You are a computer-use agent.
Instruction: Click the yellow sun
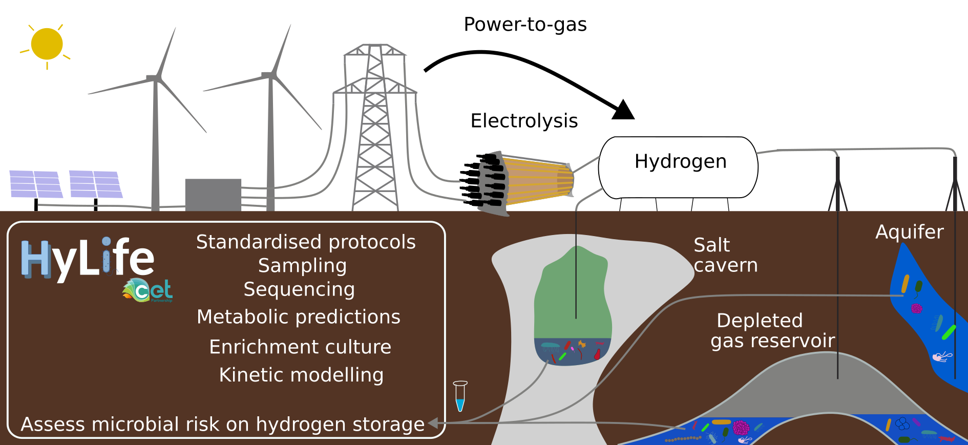[47, 44]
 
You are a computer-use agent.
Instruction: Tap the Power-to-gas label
[525, 25]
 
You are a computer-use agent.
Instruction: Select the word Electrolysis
[524, 121]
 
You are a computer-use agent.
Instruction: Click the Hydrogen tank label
[680, 162]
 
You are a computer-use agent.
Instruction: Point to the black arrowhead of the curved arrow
[623, 110]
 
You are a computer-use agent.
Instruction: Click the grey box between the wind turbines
[213, 195]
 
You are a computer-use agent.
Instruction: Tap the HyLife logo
[88, 259]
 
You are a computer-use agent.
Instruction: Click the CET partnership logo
[148, 290]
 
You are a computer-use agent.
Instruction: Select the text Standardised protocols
[306, 242]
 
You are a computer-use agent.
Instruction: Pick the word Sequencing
[299, 289]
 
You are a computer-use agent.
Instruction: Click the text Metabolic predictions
[299, 317]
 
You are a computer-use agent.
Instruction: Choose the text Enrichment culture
[300, 347]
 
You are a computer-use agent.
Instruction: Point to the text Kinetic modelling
[301, 375]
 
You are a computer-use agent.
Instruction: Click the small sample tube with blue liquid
[460, 396]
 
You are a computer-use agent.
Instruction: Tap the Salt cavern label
[725, 255]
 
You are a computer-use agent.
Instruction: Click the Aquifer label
[909, 232]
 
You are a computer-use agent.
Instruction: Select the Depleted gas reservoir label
[772, 331]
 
